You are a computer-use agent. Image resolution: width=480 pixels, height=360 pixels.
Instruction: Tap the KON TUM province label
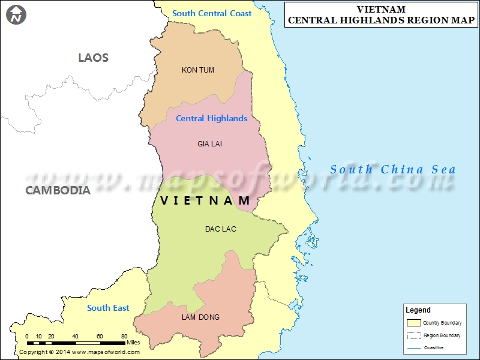[x=198, y=70]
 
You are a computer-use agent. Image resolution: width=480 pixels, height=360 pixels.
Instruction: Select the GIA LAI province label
[x=209, y=144]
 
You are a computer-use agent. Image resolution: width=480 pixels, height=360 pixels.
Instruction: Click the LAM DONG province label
[x=200, y=317]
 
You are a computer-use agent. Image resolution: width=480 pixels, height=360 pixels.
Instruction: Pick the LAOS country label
[x=94, y=58]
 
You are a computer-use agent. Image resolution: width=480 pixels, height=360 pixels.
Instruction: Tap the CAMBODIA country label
[x=58, y=191]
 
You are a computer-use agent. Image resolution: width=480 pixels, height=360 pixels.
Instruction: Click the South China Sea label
[x=393, y=170]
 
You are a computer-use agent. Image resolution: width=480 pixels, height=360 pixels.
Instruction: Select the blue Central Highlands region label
[x=211, y=119]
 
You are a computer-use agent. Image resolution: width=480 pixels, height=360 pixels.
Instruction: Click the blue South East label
[x=108, y=308]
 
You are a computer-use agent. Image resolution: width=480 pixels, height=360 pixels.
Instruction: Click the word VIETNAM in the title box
[x=381, y=10]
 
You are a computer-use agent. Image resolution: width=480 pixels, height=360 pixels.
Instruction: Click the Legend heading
[x=418, y=310]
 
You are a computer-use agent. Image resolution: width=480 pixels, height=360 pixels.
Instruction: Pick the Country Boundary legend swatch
[x=414, y=323]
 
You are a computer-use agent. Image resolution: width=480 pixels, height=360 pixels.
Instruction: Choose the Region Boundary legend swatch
[x=414, y=335]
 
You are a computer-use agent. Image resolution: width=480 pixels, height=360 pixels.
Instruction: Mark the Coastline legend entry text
[x=434, y=348]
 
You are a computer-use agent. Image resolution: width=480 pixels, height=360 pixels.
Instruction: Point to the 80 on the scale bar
[x=124, y=336]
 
